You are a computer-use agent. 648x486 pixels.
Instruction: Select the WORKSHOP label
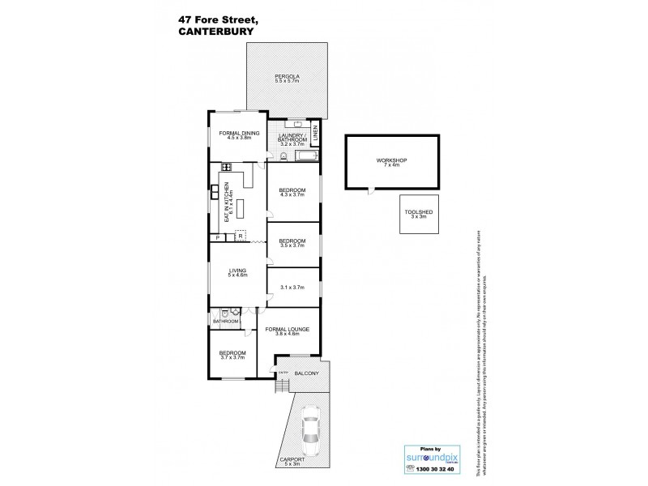(x=391, y=161)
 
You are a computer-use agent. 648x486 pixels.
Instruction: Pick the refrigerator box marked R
(x=240, y=237)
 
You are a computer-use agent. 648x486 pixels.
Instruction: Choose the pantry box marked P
(x=216, y=237)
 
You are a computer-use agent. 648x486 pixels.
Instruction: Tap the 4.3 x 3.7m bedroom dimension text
(x=292, y=194)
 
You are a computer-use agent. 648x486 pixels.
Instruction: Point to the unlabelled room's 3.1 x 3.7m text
(x=292, y=287)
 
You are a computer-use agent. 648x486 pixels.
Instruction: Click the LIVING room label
(x=237, y=272)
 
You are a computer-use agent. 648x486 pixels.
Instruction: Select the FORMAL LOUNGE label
(x=288, y=330)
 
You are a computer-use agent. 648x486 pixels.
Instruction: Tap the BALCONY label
(x=305, y=373)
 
